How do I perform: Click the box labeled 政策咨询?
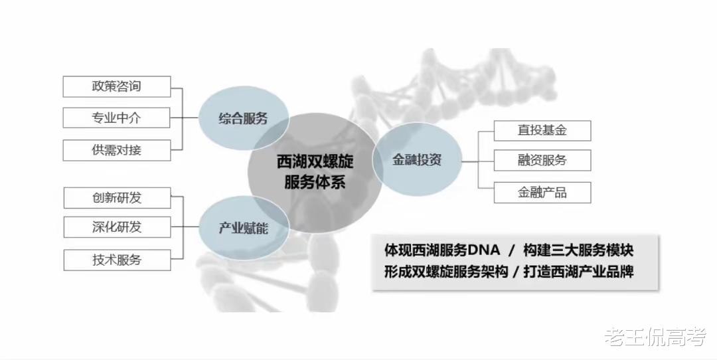pos(117,86)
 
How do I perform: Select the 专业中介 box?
pos(117,118)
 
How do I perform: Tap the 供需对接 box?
pos(117,150)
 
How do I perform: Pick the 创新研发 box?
pos(117,198)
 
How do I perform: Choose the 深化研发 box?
pos(117,226)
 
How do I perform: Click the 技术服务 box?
pos(117,260)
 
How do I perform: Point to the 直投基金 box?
pos(542,130)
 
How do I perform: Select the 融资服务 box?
pos(542,160)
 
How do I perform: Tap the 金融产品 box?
pos(542,193)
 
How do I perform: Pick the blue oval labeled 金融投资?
pos(416,161)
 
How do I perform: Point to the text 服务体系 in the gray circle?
pos(315,182)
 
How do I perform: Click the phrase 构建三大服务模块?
pos(578,250)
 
